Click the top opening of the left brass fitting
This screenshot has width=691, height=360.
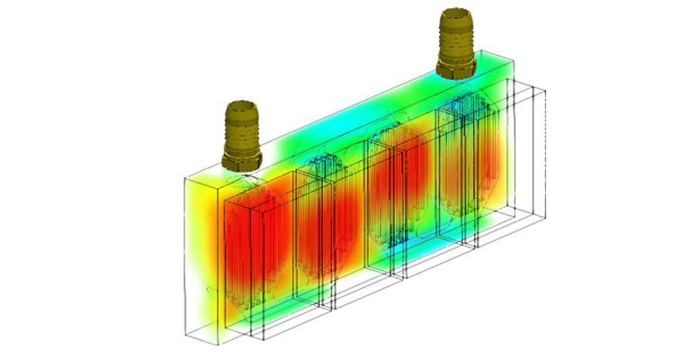(x=240, y=107)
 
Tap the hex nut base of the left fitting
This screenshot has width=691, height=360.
(x=240, y=159)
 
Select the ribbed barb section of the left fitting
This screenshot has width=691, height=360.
(x=240, y=126)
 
